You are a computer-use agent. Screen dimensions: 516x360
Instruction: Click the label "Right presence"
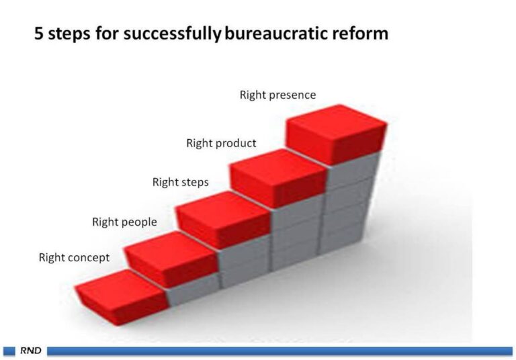277,95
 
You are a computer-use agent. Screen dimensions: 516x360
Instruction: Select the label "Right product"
221,143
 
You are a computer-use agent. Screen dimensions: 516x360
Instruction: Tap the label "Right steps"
180,182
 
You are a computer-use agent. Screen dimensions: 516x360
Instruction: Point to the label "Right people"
124,222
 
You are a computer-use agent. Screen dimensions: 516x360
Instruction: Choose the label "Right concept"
74,257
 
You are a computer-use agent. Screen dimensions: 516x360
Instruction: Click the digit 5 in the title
39,34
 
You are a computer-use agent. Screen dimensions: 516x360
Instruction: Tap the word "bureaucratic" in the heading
275,34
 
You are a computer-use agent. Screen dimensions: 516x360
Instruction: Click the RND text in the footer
31,351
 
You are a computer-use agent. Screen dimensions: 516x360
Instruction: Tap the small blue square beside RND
9,351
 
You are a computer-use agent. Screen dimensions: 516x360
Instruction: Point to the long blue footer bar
279,351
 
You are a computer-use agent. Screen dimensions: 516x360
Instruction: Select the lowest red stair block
122,297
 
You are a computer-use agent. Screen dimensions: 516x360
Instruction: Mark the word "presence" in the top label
292,95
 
